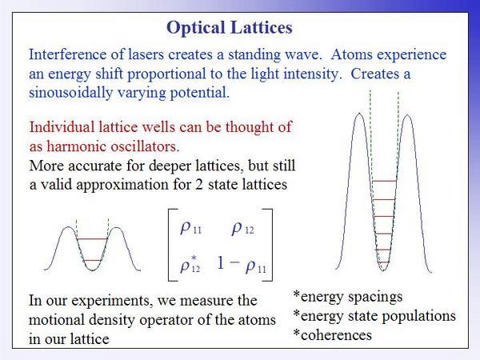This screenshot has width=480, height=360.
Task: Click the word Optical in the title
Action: point(196,28)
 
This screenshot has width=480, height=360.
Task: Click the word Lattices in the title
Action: point(262,27)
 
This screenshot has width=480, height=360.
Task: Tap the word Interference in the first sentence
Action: point(67,54)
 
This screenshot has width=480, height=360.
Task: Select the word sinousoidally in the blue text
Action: point(70,93)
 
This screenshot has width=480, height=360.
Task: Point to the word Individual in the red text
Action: point(62,126)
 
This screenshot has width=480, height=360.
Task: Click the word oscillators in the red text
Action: point(143,146)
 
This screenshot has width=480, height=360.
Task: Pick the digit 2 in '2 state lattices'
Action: point(199,185)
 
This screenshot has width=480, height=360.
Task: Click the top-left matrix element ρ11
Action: point(191,228)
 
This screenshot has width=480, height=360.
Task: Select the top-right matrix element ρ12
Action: point(242,228)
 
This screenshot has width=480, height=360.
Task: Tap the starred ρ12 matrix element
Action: point(190,264)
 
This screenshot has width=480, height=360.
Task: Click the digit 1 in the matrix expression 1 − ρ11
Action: point(221,262)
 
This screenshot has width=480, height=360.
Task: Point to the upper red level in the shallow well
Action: point(92,238)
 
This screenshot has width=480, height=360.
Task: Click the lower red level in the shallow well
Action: point(92,261)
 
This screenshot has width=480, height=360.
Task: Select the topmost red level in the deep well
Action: point(385,181)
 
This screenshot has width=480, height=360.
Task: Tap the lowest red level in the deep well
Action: point(383,262)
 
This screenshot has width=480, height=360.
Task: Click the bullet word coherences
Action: point(336,335)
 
